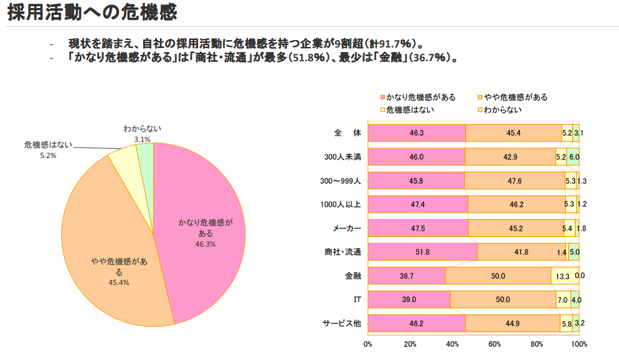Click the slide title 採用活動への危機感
[92, 13]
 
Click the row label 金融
[353, 276]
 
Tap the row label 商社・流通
[341, 252]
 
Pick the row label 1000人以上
[341, 204]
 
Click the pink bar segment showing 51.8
[423, 252]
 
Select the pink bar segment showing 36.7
[407, 276]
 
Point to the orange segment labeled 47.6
[514, 181]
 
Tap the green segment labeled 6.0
[573, 157]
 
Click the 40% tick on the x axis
[452, 344]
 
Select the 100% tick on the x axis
[579, 344]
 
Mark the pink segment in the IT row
[409, 299]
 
